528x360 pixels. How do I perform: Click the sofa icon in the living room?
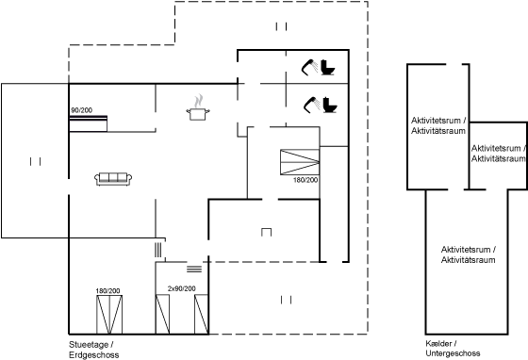[x=113, y=179]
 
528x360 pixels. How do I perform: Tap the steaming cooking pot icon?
[x=198, y=107]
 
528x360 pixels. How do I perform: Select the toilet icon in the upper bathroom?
[x=327, y=67]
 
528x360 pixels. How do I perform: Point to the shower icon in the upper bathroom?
[x=309, y=67]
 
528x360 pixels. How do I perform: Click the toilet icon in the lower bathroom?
[x=330, y=105]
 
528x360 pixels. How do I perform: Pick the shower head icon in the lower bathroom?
[x=311, y=105]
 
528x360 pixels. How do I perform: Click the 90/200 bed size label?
[x=81, y=110]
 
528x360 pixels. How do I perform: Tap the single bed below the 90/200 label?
[x=89, y=123]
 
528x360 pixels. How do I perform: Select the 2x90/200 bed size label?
[x=181, y=288]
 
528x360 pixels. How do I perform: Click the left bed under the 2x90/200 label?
[x=162, y=314]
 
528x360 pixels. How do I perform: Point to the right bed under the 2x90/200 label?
[x=202, y=314]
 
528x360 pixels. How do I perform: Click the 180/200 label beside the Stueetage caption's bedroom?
[x=107, y=290]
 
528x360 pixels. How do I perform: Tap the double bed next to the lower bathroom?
[x=300, y=162]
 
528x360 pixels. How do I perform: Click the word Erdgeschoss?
[x=94, y=354]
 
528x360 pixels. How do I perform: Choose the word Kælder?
[x=438, y=344]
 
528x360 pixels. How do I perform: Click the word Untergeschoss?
[x=453, y=353]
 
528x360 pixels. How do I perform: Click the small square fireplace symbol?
[x=266, y=232]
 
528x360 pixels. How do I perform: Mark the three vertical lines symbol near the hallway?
[x=158, y=250]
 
